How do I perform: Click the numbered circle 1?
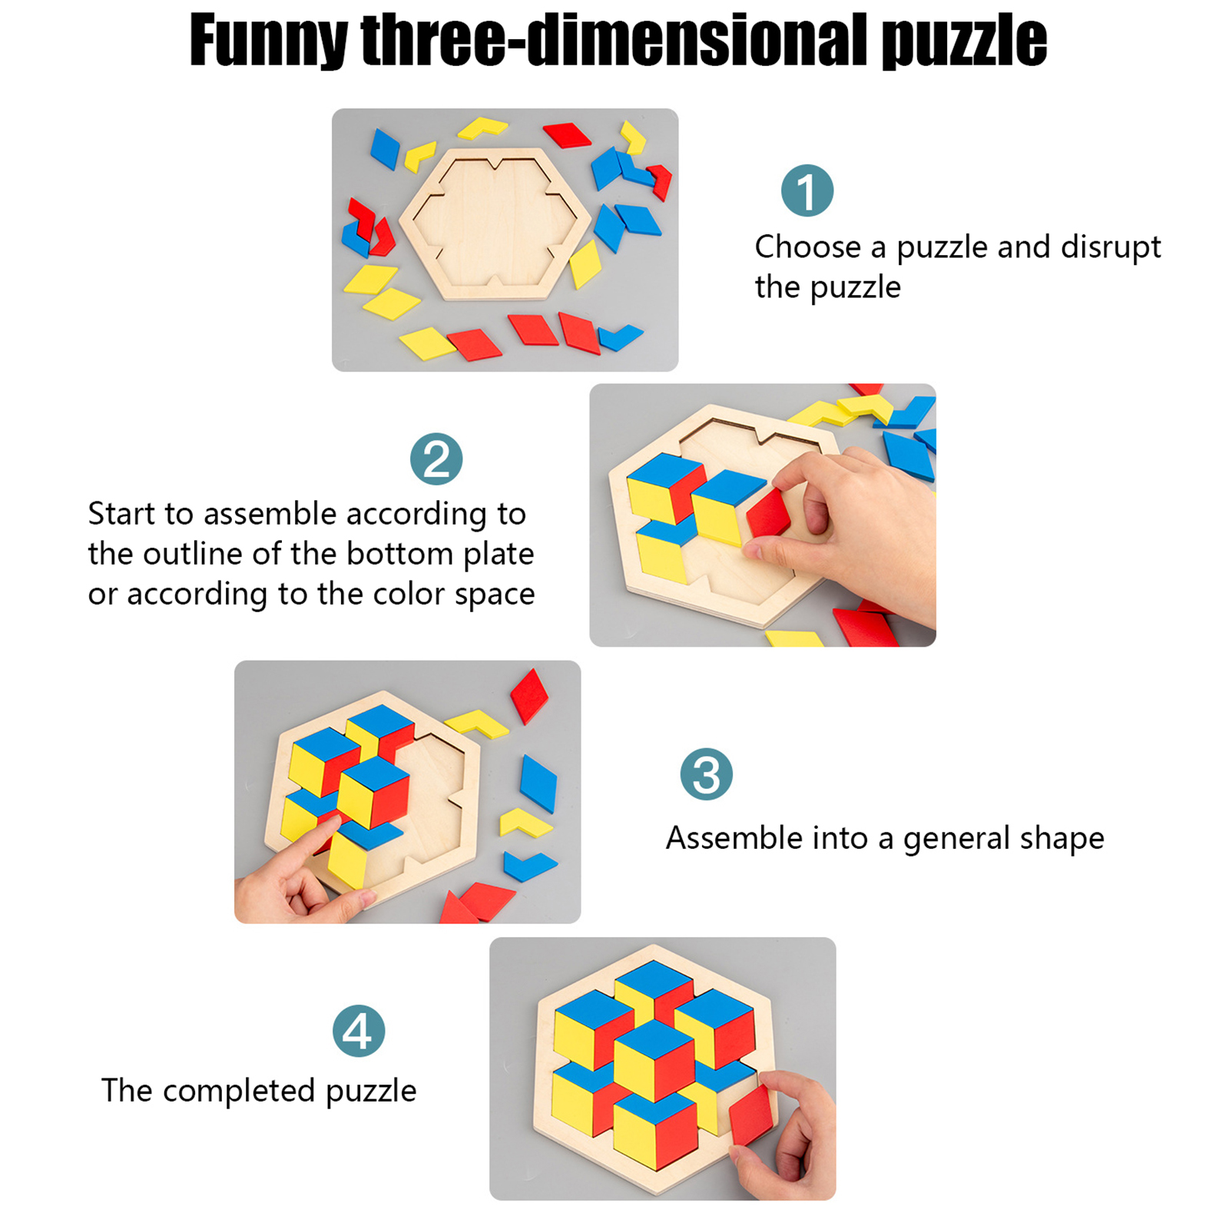pyautogui.click(x=807, y=190)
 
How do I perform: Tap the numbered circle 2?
pyautogui.click(x=436, y=459)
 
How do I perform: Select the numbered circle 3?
pyautogui.click(x=706, y=774)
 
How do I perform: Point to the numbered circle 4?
pyautogui.click(x=359, y=1031)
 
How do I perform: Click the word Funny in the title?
pyautogui.click(x=268, y=41)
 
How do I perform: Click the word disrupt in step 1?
pyautogui.click(x=1111, y=247)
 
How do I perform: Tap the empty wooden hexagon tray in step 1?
pyautogui.click(x=495, y=223)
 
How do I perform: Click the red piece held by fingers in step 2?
pyautogui.click(x=770, y=512)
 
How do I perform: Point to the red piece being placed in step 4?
pyautogui.click(x=750, y=1115)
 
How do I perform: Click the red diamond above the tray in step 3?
pyautogui.click(x=529, y=696)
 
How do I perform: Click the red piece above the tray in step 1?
pyautogui.click(x=567, y=134)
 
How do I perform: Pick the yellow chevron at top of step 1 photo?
pyautogui.click(x=482, y=128)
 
